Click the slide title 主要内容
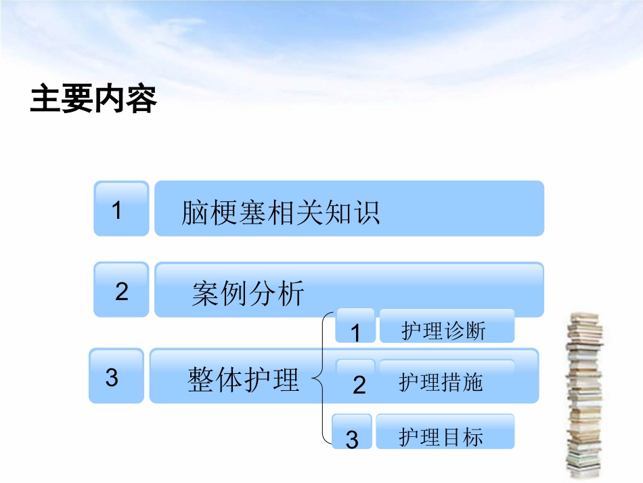tap(93, 100)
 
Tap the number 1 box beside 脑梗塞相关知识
tap(120, 209)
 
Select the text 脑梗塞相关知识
tap(280, 212)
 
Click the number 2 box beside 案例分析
tap(121, 291)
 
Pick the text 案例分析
tap(248, 294)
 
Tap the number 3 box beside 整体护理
tap(115, 377)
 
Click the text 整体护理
tap(243, 381)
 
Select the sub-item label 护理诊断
tap(443, 331)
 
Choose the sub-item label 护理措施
tap(441, 383)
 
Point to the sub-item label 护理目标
tap(441, 437)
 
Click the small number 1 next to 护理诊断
tap(355, 332)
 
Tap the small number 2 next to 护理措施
tap(359, 385)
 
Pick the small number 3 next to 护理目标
tap(352, 439)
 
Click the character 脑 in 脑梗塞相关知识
tap(194, 212)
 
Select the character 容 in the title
tap(141, 100)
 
